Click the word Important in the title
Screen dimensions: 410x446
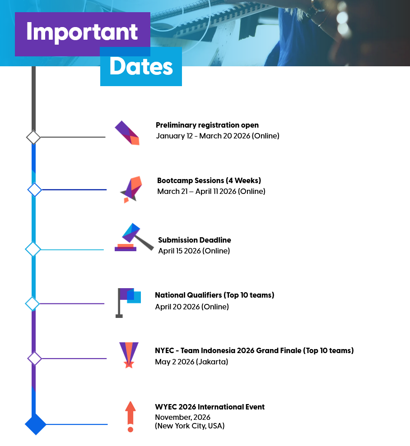coord(82,32)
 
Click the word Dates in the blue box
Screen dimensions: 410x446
coord(141,67)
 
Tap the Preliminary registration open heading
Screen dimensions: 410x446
coord(207,125)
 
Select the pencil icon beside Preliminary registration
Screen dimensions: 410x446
coord(127,133)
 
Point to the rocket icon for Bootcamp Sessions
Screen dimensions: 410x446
coord(131,189)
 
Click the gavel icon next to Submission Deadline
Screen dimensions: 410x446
coord(133,238)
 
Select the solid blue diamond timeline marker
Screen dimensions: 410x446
coord(36,424)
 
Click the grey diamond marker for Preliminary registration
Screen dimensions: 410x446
coord(33,137)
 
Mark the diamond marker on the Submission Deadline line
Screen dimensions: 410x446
coord(33,249)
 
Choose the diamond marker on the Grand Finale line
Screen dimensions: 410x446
coord(34,359)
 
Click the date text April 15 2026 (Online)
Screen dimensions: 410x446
coord(194,251)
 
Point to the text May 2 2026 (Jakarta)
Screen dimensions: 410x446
coord(191,362)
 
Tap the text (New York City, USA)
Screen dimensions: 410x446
coord(190,426)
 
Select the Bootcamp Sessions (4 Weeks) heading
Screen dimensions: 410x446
coord(209,180)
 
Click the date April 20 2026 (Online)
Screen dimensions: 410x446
coord(192,307)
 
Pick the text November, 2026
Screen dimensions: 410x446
coord(182,417)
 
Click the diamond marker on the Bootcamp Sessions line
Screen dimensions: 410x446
coord(35,189)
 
